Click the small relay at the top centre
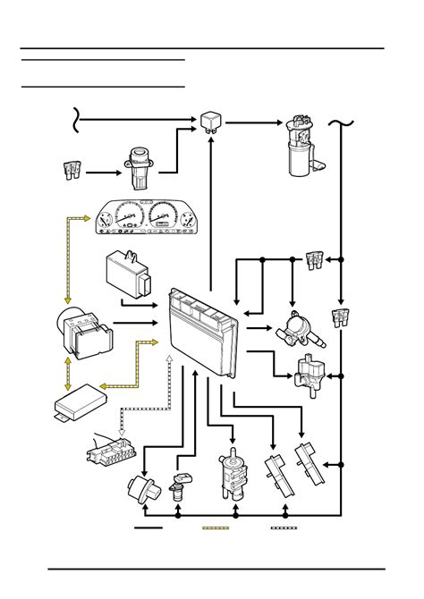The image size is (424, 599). point(211,120)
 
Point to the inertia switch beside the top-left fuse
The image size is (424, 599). point(140,167)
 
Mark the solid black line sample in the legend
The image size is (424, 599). point(148,528)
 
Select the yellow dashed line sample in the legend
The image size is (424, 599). point(216,528)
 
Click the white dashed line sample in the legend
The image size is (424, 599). point(284,528)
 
